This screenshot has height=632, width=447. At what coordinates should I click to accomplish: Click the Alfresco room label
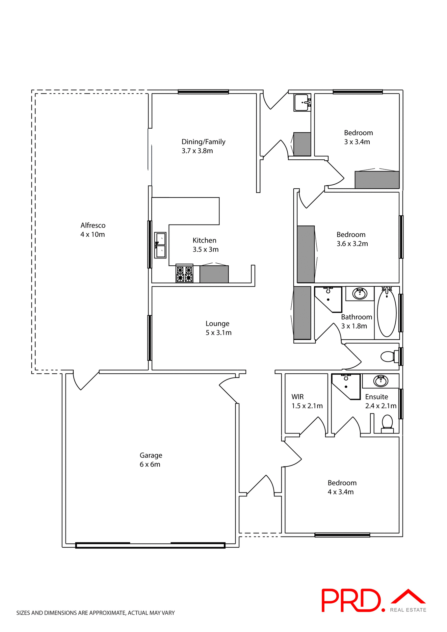click(x=93, y=225)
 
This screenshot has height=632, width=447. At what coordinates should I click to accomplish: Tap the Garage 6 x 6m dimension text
click(x=150, y=464)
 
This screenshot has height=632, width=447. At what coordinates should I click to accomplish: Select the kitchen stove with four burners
click(x=184, y=274)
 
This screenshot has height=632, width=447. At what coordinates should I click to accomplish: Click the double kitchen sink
click(x=160, y=245)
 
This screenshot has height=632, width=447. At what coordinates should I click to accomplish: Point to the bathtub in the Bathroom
click(x=386, y=313)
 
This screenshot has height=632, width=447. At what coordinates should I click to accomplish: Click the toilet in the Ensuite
click(x=387, y=423)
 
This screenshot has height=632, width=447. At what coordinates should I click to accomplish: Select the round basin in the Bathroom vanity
click(x=360, y=293)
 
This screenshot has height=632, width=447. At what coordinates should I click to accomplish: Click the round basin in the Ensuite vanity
click(x=381, y=381)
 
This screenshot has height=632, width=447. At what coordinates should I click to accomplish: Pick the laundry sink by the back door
click(x=302, y=102)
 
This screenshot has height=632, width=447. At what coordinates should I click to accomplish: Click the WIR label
click(x=298, y=397)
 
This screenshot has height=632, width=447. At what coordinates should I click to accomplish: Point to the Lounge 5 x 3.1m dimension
click(x=219, y=333)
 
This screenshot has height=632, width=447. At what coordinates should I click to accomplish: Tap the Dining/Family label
click(x=203, y=142)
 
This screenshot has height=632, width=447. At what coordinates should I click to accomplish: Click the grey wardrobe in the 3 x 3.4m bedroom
click(x=377, y=180)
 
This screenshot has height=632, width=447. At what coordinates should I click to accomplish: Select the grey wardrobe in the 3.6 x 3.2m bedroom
click(x=306, y=254)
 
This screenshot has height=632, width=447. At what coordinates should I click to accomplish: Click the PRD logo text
click(x=351, y=601)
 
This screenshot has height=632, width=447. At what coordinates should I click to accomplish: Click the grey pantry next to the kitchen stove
click(x=214, y=274)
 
